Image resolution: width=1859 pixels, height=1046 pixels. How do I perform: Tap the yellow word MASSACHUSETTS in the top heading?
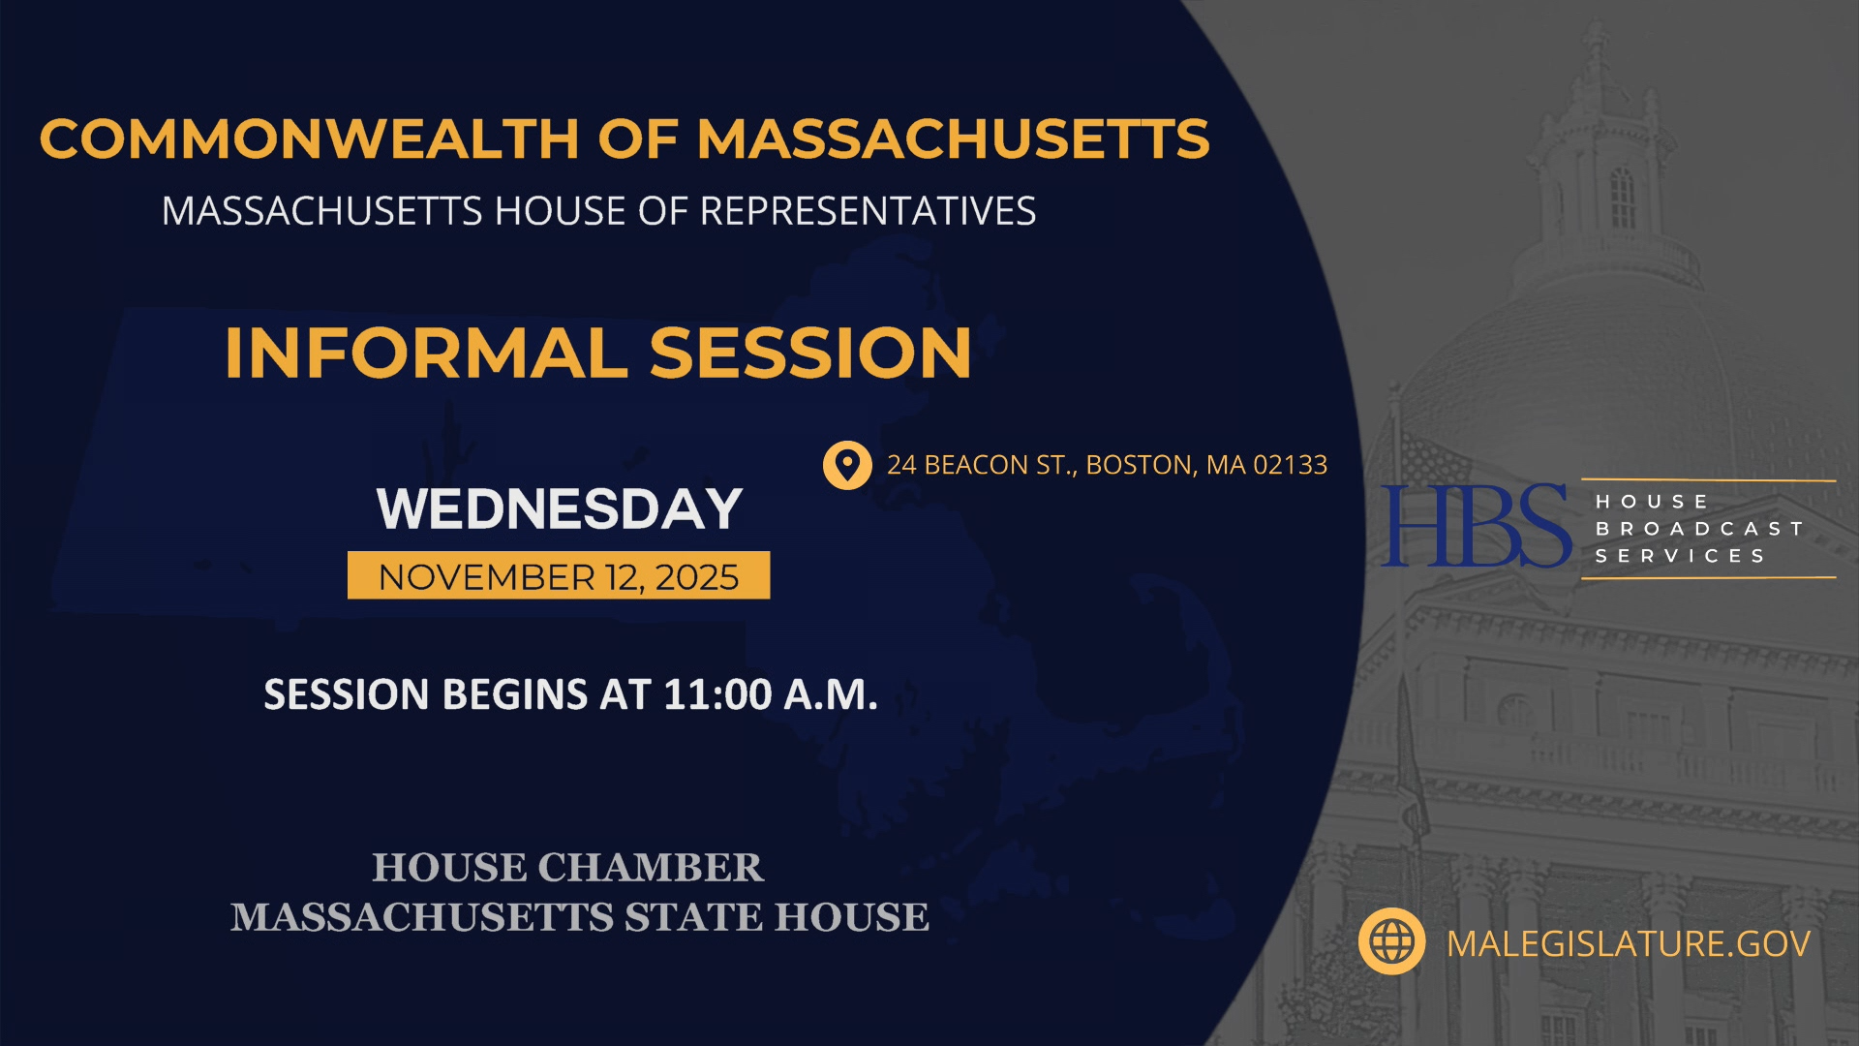click(x=953, y=138)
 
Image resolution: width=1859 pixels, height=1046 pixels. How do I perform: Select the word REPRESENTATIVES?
click(x=868, y=211)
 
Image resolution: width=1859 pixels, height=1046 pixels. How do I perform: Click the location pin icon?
click(x=847, y=465)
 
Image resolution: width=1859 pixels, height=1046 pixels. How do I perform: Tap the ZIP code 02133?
click(x=1290, y=466)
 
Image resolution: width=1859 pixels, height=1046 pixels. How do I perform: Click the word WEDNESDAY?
click(x=559, y=509)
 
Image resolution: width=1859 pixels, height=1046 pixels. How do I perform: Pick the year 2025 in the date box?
click(x=696, y=577)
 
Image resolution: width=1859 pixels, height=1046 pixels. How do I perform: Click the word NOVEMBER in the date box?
click(x=486, y=577)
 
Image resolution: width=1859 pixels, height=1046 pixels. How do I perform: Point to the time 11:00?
click(x=717, y=694)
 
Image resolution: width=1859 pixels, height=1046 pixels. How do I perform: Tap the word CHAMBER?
click(x=650, y=868)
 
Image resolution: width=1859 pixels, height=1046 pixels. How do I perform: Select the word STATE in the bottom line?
click(x=693, y=917)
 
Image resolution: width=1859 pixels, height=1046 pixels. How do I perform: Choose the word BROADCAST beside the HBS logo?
click(x=1698, y=529)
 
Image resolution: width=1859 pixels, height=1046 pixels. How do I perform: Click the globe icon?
click(x=1391, y=941)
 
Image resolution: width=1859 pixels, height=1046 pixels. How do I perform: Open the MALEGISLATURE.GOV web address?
click(x=1628, y=943)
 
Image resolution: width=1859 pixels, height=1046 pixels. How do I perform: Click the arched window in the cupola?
click(x=1622, y=199)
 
